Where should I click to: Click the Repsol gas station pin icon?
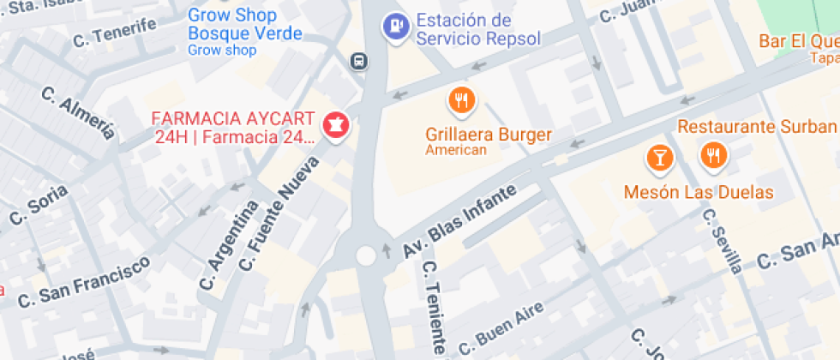pos(394,26)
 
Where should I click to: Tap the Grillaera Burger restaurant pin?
pos(462,100)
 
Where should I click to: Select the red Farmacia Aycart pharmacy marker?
pos(335,127)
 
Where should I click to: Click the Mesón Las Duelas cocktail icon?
pos(659,157)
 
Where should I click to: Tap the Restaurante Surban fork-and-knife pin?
pos(713,155)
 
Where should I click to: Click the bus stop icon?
pos(359,61)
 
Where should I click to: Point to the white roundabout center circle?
pos(366,255)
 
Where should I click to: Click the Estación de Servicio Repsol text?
pos(477,29)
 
